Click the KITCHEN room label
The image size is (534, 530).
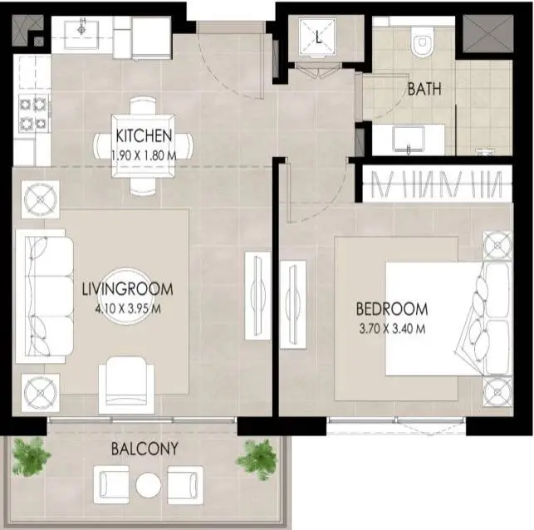(x=144, y=135)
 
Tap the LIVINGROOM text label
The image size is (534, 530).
(x=128, y=289)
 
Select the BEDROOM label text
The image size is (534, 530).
(x=392, y=309)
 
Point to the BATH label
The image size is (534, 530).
(x=424, y=89)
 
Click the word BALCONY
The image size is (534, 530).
(x=145, y=449)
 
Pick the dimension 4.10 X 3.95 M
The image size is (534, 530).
(x=128, y=309)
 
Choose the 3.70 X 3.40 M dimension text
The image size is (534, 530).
(x=392, y=329)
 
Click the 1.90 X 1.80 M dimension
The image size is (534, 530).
(x=144, y=155)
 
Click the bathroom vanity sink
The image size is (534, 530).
(x=409, y=140)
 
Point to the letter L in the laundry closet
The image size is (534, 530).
(x=318, y=37)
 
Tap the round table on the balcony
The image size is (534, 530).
(x=149, y=485)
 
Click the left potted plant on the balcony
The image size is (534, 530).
(x=30, y=456)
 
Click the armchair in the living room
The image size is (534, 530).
(x=126, y=385)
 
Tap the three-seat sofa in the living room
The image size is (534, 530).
(x=44, y=297)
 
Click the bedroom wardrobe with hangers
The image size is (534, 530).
(x=438, y=184)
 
